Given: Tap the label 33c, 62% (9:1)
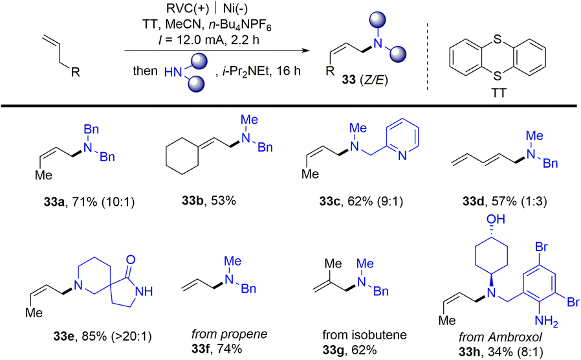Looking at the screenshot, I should [331, 192].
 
